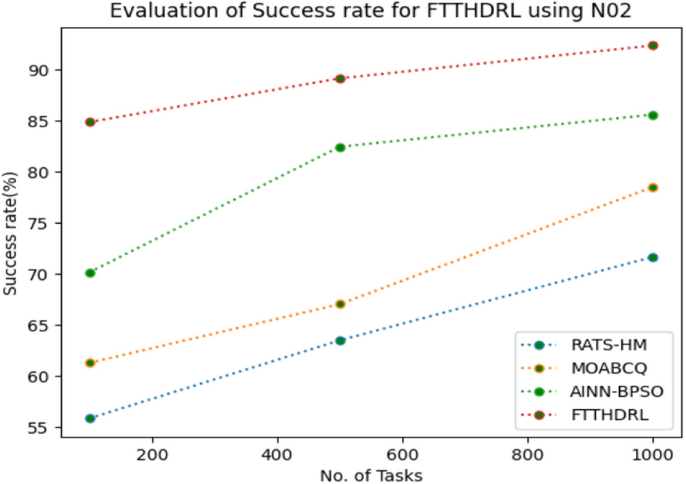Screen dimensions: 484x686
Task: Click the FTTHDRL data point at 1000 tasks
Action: [x=653, y=46]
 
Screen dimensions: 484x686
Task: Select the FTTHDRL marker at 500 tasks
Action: [x=340, y=78]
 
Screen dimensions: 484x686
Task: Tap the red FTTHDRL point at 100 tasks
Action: [x=90, y=122]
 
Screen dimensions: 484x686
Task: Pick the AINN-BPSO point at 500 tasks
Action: [x=340, y=148]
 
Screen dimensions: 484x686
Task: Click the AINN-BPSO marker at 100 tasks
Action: [x=90, y=273]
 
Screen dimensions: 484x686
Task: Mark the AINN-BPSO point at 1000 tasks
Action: [x=653, y=115]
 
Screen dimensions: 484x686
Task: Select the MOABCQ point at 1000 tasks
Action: [x=653, y=187]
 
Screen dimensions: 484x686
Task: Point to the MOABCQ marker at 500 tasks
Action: [x=340, y=304]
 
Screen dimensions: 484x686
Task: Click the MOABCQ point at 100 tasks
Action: [x=90, y=363]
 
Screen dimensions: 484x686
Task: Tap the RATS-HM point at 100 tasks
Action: [x=90, y=419]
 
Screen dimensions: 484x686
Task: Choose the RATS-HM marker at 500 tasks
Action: [x=340, y=340]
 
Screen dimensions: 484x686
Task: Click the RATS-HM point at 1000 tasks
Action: [x=653, y=257]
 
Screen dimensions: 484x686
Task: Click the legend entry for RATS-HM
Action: [x=597, y=344]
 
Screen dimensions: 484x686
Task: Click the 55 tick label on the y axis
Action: [x=39, y=428]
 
